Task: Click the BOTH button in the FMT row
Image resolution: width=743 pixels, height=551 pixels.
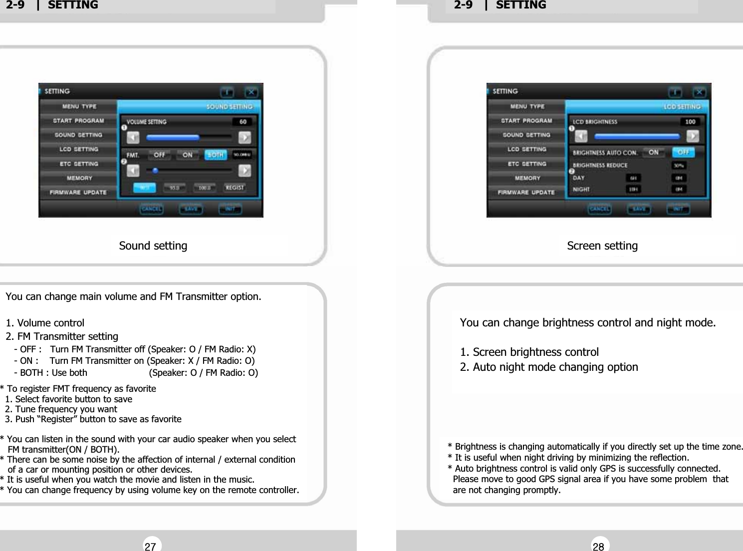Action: [215, 155]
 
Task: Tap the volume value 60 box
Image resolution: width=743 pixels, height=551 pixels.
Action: [243, 122]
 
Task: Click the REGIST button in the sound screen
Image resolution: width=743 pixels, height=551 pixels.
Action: [235, 188]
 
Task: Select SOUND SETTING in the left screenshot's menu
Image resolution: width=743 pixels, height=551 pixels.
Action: [78, 135]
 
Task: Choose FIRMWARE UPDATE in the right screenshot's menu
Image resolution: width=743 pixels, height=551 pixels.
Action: [526, 192]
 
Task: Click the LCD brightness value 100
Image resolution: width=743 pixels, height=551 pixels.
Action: [690, 122]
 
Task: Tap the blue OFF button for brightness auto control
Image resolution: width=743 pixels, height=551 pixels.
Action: [683, 152]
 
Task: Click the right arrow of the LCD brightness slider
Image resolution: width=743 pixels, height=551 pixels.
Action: [692, 136]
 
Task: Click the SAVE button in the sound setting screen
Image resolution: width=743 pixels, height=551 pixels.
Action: [191, 209]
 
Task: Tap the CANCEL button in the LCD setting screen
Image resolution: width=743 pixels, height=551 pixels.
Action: [599, 209]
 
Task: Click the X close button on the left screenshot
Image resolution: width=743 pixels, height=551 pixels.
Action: [251, 92]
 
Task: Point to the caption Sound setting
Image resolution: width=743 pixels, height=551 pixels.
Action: [153, 246]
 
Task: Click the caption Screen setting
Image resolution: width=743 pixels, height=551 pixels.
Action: [602, 246]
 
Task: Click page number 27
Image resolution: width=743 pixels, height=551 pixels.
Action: [150, 546]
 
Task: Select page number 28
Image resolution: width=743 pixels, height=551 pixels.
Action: [598, 546]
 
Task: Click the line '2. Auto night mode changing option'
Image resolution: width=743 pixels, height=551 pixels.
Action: [548, 367]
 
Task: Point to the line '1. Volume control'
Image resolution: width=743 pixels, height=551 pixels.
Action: [45, 323]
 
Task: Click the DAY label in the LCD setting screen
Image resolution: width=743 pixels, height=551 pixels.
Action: [579, 178]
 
